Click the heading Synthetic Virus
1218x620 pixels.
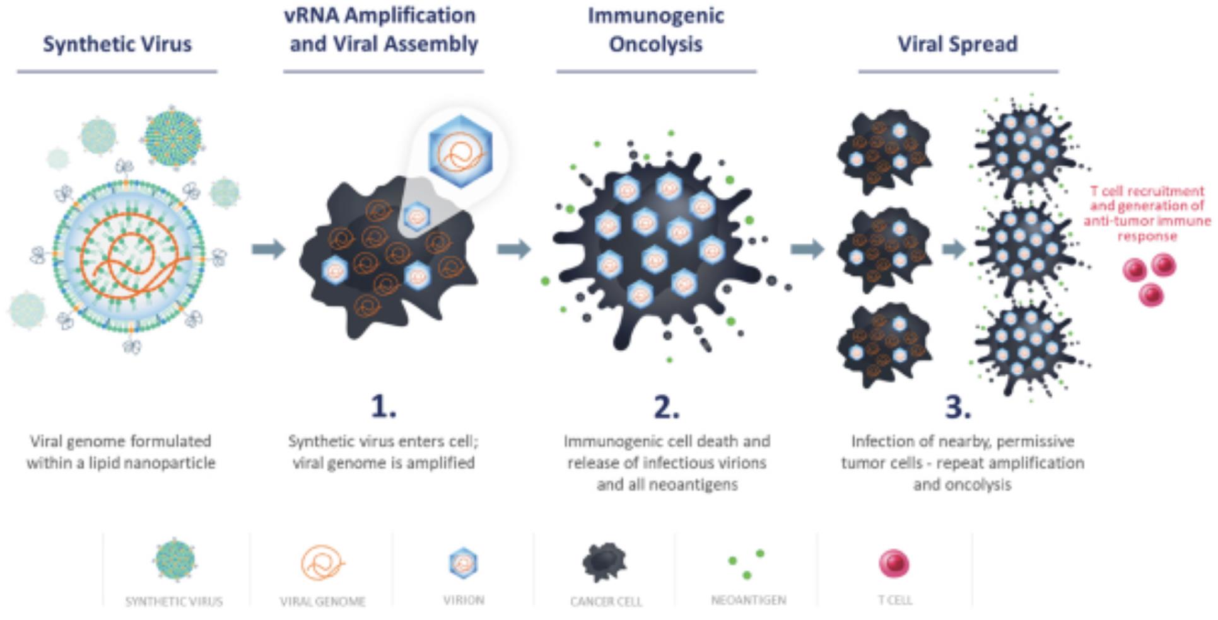(x=117, y=44)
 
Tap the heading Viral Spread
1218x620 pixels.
(x=957, y=44)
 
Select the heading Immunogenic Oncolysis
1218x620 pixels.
(x=656, y=30)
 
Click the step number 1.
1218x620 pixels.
(x=383, y=406)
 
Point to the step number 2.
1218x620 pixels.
(x=666, y=406)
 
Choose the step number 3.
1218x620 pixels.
(x=957, y=406)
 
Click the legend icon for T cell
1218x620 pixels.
(x=894, y=563)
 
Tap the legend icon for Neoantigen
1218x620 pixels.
(x=747, y=564)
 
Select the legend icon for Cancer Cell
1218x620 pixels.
(x=604, y=562)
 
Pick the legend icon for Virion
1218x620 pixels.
(x=464, y=563)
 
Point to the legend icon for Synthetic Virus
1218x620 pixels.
(x=175, y=560)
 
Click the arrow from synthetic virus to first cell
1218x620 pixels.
(x=268, y=249)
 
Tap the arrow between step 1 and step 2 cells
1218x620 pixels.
(x=513, y=249)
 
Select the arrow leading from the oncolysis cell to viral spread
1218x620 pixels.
(x=807, y=249)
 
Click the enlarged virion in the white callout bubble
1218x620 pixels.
(x=460, y=151)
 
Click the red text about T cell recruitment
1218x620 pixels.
(x=1147, y=214)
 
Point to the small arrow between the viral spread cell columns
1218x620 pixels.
(x=954, y=249)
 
